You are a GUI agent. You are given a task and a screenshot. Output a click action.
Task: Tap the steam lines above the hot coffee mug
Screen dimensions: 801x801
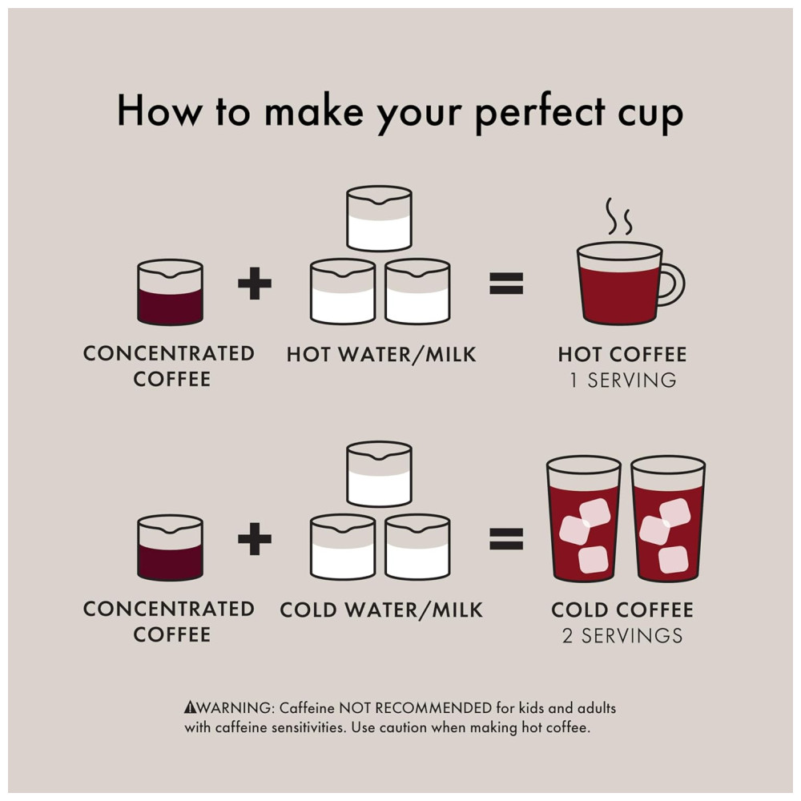click(x=618, y=216)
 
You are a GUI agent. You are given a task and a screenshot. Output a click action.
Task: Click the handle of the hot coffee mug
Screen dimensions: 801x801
click(x=674, y=284)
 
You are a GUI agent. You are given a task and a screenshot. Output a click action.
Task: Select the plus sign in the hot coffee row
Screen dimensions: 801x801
click(x=255, y=283)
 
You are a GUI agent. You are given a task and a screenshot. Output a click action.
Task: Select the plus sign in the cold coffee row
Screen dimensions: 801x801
click(x=255, y=538)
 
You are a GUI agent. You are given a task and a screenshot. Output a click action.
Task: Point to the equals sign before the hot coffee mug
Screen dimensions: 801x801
click(x=506, y=284)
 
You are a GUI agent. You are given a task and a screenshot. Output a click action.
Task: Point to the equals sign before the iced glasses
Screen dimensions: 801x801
click(x=506, y=539)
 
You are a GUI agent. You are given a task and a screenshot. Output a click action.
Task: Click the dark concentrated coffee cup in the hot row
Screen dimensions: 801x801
click(x=170, y=292)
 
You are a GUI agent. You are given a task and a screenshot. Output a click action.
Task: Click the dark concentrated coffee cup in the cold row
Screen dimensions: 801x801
click(x=170, y=548)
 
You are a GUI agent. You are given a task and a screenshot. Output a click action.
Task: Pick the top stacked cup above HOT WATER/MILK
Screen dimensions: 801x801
click(x=379, y=219)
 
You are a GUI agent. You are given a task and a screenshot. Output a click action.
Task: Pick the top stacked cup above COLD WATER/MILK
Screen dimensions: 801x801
click(x=379, y=474)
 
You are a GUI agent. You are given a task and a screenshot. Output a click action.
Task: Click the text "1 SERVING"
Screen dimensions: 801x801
click(x=622, y=380)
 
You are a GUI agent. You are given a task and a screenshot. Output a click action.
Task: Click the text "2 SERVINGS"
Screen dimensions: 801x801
click(x=622, y=636)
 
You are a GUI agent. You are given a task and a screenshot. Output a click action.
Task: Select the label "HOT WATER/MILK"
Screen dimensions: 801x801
click(x=381, y=355)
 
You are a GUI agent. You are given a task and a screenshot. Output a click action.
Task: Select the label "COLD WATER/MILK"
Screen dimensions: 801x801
click(x=381, y=610)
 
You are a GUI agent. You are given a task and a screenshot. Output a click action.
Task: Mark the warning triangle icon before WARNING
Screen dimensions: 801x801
click(x=190, y=707)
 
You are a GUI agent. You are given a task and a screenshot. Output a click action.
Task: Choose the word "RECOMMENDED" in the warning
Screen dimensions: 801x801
click(x=433, y=708)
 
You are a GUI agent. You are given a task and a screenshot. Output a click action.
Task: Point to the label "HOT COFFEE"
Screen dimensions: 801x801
click(x=622, y=355)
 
